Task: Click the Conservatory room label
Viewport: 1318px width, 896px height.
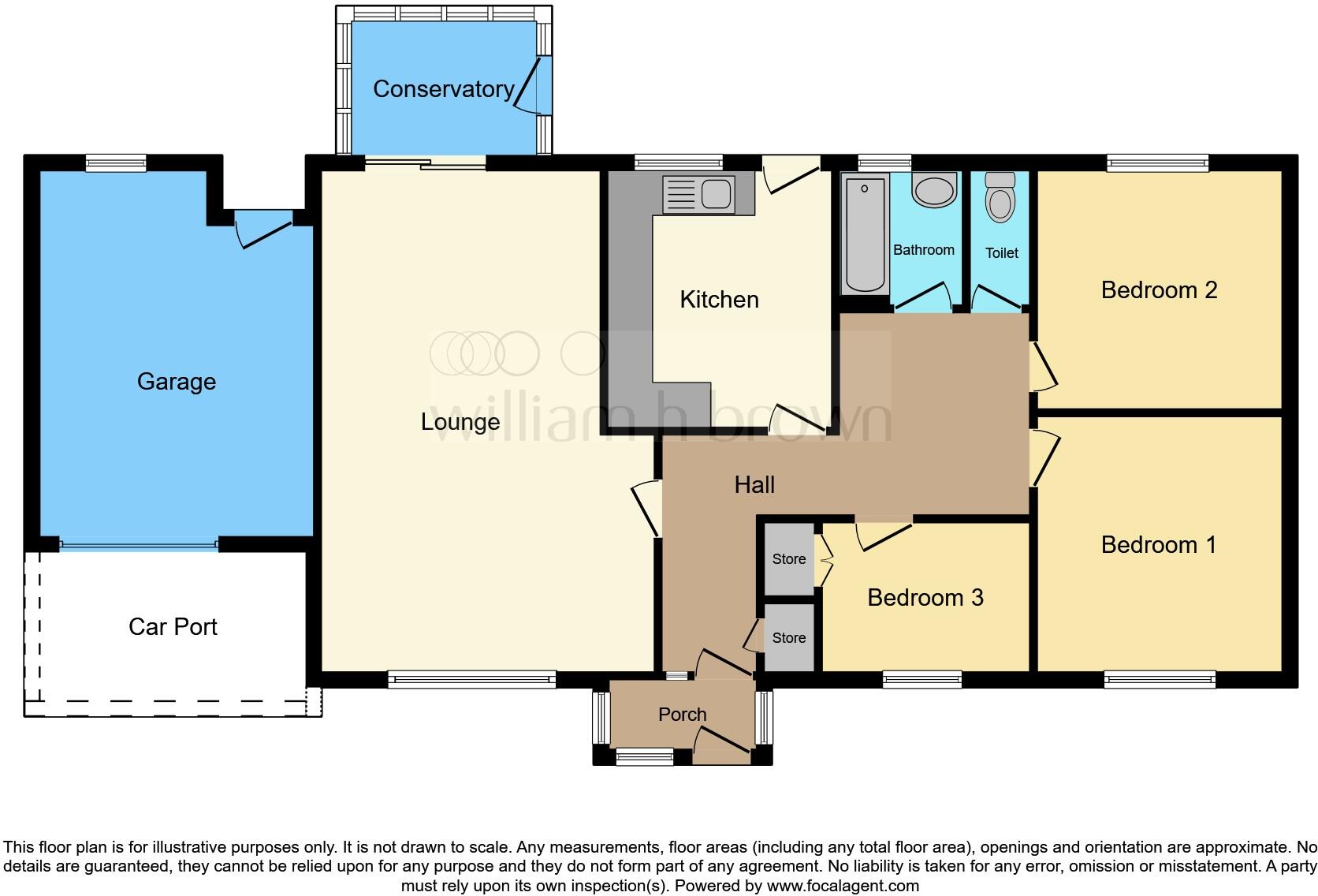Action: coord(443,89)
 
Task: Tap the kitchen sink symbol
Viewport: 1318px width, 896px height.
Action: coord(698,194)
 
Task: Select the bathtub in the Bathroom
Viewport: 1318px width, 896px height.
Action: coord(865,234)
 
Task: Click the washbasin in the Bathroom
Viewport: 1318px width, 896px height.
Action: coord(934,191)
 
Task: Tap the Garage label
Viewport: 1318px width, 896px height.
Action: coord(176,382)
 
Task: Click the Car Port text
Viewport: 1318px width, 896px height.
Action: coord(173,627)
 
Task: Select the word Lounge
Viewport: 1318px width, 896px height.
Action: coord(460,422)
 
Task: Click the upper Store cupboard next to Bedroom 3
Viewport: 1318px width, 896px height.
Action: coord(789,559)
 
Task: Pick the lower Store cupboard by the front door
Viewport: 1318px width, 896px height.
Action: coord(789,638)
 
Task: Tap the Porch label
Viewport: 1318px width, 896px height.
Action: coord(682,715)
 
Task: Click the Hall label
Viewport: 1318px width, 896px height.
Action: coord(754,485)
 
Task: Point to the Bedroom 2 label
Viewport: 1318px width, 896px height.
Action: coord(1159,290)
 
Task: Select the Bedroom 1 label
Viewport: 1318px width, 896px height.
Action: coord(1158,545)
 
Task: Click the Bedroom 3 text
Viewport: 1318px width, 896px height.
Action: coord(925,598)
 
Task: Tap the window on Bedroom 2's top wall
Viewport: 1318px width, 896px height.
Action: coord(1157,163)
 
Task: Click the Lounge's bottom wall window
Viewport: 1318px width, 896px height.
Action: coord(471,679)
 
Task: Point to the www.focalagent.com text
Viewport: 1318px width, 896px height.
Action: coord(843,886)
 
